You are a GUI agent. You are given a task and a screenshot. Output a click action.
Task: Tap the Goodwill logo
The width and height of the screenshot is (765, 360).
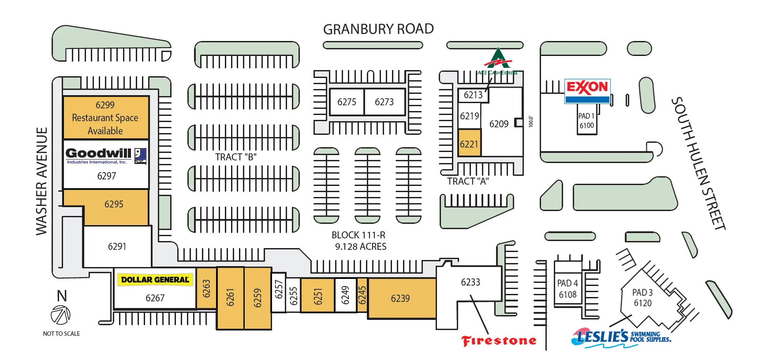106,155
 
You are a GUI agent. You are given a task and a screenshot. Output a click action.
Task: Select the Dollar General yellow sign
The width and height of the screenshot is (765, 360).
155,280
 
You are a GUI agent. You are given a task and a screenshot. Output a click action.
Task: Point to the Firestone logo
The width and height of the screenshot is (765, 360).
499,341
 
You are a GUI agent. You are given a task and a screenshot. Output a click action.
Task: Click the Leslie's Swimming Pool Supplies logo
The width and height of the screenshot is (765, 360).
621,337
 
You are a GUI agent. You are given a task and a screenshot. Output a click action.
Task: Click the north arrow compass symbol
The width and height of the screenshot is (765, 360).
60,315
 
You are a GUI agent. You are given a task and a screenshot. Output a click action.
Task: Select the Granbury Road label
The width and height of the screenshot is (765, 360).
378,29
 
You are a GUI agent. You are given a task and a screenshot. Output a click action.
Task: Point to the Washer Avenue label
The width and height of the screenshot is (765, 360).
41,181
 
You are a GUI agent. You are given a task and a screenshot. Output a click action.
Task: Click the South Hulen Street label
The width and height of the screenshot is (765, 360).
698,163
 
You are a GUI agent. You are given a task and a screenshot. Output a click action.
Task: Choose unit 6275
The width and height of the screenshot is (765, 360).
347,102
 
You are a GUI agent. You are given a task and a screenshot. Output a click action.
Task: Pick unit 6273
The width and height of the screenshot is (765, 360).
384,102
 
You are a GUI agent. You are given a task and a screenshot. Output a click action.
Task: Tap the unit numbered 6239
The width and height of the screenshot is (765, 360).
400,298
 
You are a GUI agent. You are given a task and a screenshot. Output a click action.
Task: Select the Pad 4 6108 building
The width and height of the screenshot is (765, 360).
567,289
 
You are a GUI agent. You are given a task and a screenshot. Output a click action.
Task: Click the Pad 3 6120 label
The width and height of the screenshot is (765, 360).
642,298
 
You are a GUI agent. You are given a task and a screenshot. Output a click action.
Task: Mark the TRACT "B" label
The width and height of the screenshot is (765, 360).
235,157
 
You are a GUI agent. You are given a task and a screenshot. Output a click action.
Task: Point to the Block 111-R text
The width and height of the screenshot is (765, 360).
358,235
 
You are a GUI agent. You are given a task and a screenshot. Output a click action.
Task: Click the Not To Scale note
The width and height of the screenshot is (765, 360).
61,334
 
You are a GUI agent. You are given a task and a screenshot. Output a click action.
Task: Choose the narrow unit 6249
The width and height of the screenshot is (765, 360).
345,295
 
